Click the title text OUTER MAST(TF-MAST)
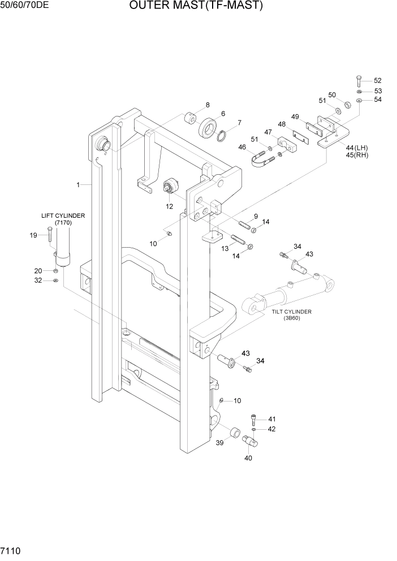click(196, 6)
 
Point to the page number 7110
click(12, 550)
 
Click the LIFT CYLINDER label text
click(63, 215)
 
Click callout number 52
click(378, 80)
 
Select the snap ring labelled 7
click(223, 137)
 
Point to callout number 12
click(169, 207)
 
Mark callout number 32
click(38, 280)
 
